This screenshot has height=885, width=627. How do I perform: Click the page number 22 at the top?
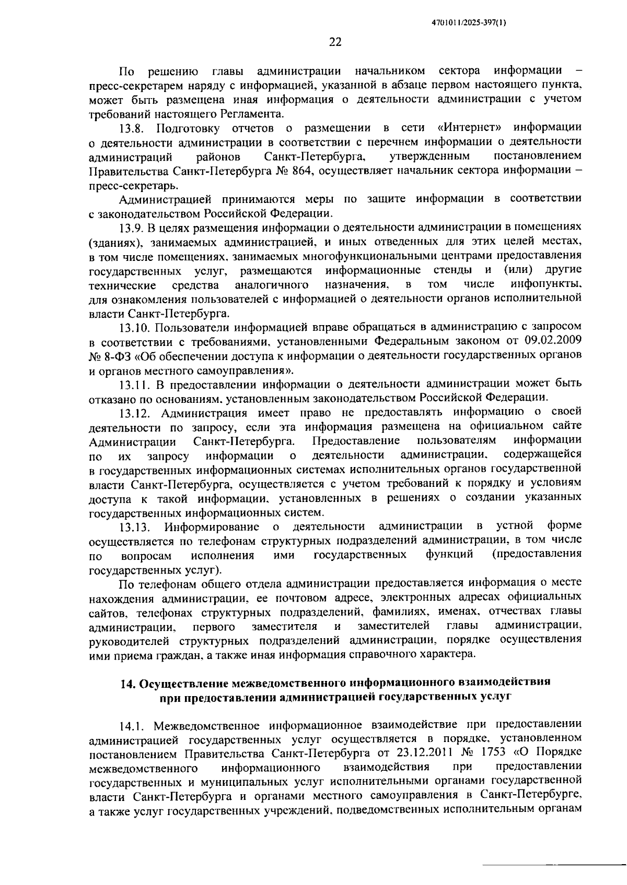(x=335, y=42)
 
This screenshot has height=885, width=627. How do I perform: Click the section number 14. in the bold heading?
(x=128, y=683)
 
